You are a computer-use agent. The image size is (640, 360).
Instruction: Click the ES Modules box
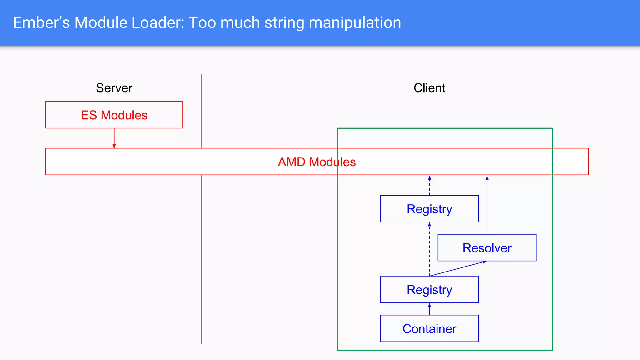pyautogui.click(x=114, y=115)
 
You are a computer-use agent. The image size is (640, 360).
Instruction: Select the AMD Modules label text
pyautogui.click(x=317, y=162)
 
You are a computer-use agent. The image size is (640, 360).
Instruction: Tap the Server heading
pyautogui.click(x=114, y=88)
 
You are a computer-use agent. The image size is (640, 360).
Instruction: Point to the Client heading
pyautogui.click(x=429, y=88)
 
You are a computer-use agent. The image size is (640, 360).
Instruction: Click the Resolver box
pyautogui.click(x=487, y=248)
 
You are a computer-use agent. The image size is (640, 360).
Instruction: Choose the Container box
pyautogui.click(x=429, y=328)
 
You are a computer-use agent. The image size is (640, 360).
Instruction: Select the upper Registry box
pyautogui.click(x=429, y=209)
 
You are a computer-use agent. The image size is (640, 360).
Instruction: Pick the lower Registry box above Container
pyautogui.click(x=429, y=290)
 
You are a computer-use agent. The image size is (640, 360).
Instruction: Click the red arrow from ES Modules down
pyautogui.click(x=114, y=138)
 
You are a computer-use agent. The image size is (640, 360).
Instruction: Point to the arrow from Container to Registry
pyautogui.click(x=429, y=309)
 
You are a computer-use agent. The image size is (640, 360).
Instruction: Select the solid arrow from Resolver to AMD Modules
pyautogui.click(x=487, y=205)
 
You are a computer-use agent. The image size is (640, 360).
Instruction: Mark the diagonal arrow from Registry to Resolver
pyautogui.click(x=458, y=268)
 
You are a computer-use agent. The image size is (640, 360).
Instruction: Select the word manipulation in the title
pyautogui.click(x=355, y=23)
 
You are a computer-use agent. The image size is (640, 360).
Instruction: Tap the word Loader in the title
pyautogui.click(x=158, y=23)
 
